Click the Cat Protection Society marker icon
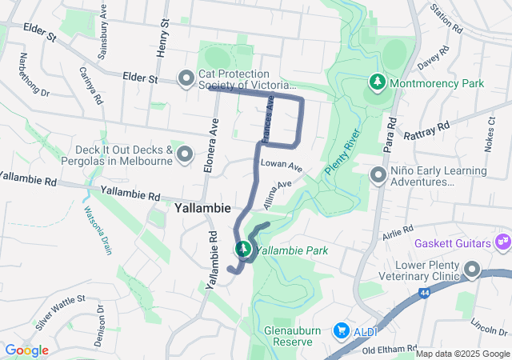[x=186, y=78]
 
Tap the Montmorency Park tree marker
[x=377, y=82]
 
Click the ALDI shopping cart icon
[x=342, y=330]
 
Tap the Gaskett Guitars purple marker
[x=502, y=241]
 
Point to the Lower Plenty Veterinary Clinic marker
[x=472, y=271]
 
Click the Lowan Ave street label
[x=281, y=166]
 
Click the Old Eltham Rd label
[x=390, y=350]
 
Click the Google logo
[x=26, y=350]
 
